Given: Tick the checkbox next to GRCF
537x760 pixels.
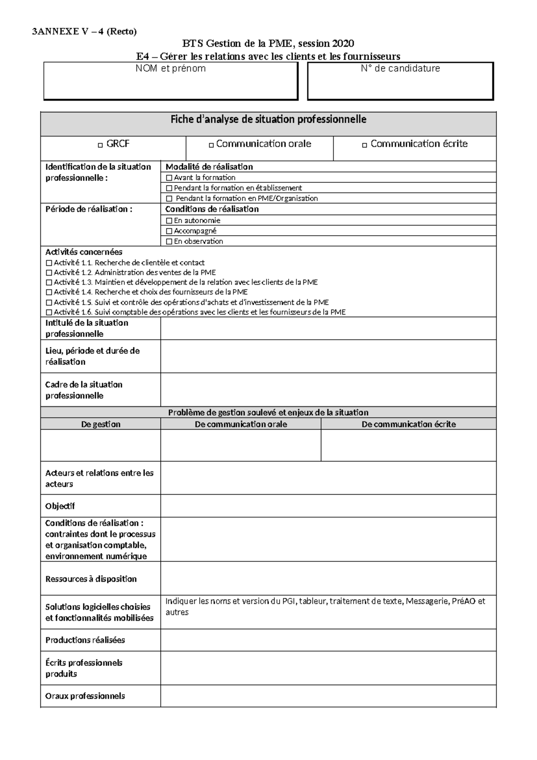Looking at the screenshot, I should [x=100, y=145].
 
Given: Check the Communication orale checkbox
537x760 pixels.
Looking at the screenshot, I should [x=211, y=145].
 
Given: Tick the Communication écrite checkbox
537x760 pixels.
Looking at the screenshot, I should [x=364, y=145].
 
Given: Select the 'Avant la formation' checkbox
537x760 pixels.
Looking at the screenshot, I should [x=169, y=178].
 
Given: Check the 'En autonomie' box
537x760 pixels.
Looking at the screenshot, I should [x=169, y=221].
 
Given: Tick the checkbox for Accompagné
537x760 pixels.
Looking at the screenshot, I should [x=169, y=231].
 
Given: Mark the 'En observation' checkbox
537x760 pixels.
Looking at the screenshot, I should [x=169, y=242].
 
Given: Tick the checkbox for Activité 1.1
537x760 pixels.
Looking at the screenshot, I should [x=49, y=263].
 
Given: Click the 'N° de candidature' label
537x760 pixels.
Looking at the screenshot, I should [x=400, y=69].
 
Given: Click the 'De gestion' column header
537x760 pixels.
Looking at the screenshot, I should [x=101, y=424].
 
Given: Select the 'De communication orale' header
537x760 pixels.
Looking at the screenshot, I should [x=241, y=424].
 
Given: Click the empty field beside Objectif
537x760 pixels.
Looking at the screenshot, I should [x=328, y=506].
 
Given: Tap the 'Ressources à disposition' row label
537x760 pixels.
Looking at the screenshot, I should [x=91, y=579].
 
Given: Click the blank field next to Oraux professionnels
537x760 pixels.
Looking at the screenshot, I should [x=328, y=696].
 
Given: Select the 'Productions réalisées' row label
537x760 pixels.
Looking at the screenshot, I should [x=85, y=640].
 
